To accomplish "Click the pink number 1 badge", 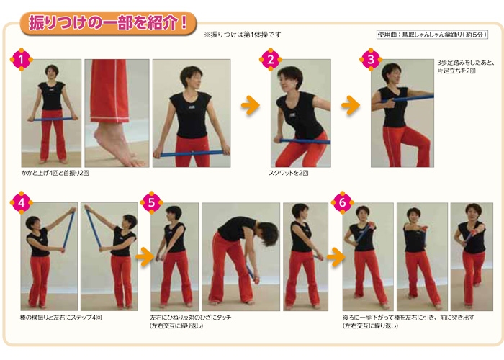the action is point(21,60).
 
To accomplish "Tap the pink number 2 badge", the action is point(271,60).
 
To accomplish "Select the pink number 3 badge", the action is point(371,60).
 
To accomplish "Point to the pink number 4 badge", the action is point(21,202).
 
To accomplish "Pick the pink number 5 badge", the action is point(151,202).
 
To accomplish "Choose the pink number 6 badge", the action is point(342,202).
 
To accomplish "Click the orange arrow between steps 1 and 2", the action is point(251,105).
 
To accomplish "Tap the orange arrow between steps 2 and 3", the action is point(351,105).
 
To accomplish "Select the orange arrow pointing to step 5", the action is point(145,256).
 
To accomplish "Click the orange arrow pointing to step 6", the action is point(336,256).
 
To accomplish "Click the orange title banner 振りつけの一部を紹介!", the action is point(108,23).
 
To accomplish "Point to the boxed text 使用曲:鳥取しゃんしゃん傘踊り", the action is point(432,35).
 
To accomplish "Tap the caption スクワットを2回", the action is point(288,173).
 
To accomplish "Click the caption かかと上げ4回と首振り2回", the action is point(55,173).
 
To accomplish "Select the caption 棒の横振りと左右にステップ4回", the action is point(60,318).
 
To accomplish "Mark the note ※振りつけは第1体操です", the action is point(243,35).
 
